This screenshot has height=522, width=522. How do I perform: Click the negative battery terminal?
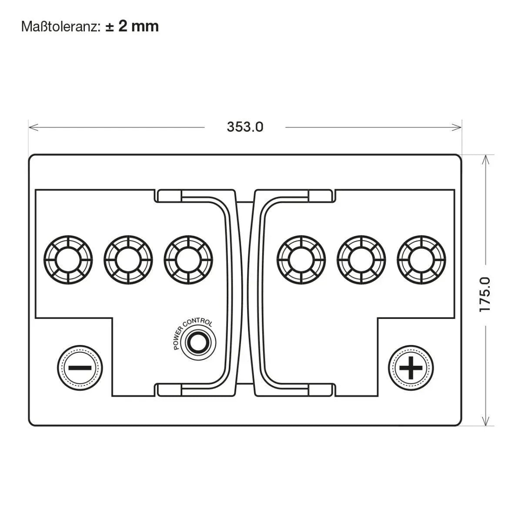click(x=80, y=368)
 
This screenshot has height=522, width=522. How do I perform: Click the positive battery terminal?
click(x=411, y=368)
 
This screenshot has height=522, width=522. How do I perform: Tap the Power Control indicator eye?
click(x=198, y=342)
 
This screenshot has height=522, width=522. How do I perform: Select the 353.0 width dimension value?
click(x=245, y=127)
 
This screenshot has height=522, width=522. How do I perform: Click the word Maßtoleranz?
click(x=60, y=27)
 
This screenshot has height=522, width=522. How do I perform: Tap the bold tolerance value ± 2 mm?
click(x=132, y=27)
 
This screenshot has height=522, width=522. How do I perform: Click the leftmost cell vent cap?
click(x=68, y=260)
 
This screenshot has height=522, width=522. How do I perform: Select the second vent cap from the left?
click(x=128, y=260)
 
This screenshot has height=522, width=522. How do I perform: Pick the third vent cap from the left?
click(x=188, y=260)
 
